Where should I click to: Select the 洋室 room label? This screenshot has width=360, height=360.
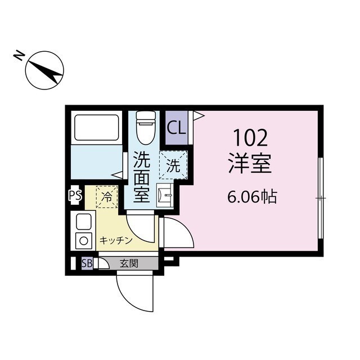point(250,163)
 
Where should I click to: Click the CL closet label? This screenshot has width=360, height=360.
point(175,128)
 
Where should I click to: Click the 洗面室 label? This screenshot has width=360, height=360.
point(142,178)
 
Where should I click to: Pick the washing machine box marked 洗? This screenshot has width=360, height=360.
point(173,166)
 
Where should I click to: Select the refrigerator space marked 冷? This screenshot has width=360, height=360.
point(107,197)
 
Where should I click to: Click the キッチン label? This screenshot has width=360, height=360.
point(116,240)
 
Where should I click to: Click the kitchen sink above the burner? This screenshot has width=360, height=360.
point(83,220)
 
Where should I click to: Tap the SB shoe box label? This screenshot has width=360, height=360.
point(87,263)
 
